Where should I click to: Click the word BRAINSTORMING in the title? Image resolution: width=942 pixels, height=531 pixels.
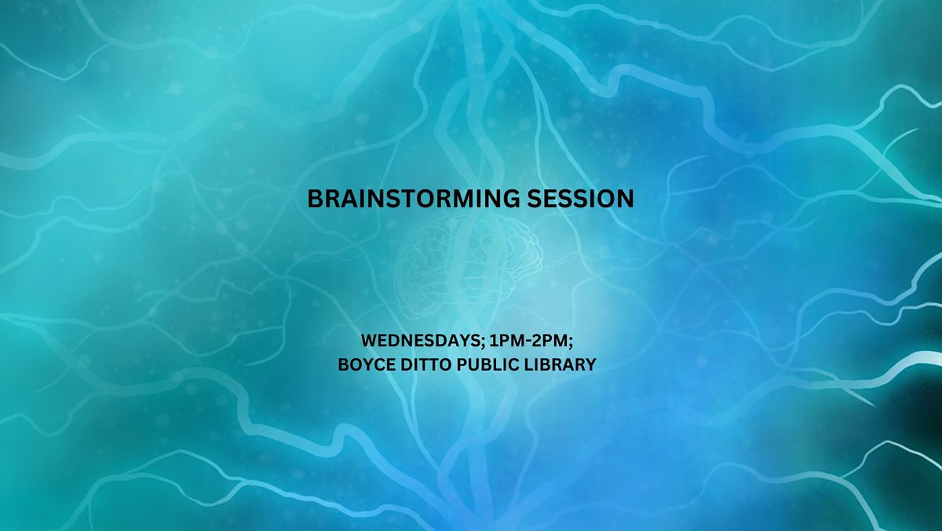click(414, 199)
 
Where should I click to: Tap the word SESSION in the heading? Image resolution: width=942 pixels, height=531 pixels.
click(580, 199)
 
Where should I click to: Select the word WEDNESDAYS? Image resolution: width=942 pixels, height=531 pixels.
click(420, 340)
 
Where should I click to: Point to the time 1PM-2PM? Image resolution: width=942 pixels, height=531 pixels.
click(528, 340)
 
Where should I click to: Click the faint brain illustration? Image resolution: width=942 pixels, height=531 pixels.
click(469, 269)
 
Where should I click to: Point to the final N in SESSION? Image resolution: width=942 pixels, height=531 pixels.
click(625, 199)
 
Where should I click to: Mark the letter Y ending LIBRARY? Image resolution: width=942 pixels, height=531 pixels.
click(590, 364)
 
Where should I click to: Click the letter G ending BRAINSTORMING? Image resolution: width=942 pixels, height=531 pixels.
click(510, 199)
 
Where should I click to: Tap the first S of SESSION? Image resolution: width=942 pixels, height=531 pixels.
click(535, 199)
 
